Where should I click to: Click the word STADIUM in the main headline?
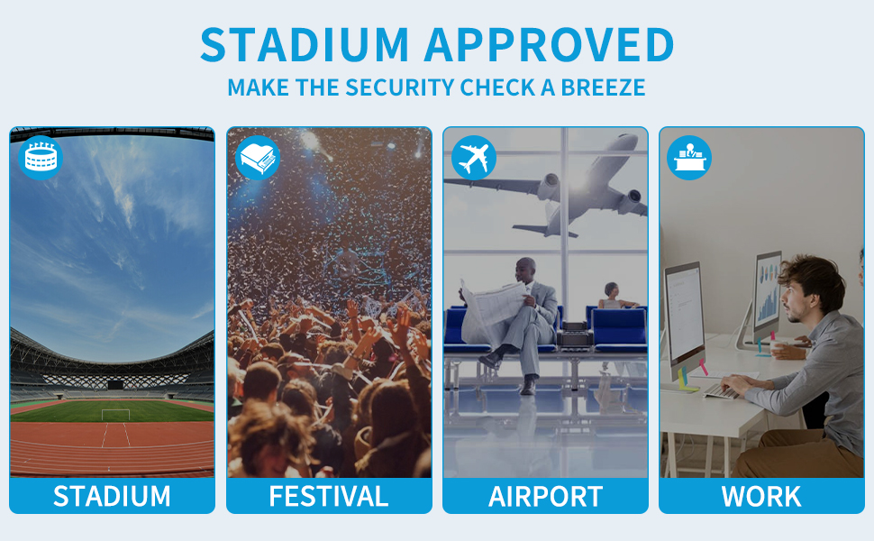[x=305, y=44]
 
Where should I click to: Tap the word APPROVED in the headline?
[x=549, y=44]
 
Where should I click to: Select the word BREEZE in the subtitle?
[x=603, y=87]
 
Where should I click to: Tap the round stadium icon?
[x=41, y=158]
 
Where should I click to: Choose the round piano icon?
[x=258, y=158]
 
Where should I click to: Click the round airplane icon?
[x=473, y=158]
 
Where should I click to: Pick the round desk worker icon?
[x=689, y=158]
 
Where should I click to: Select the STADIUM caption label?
[x=112, y=497]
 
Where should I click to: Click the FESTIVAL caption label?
[x=329, y=497]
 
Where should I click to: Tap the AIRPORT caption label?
[x=545, y=497]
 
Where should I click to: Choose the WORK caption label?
[x=761, y=497]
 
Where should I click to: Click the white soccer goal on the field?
[x=115, y=415]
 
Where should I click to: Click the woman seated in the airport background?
[x=615, y=297]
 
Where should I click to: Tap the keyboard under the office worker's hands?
[x=721, y=391]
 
